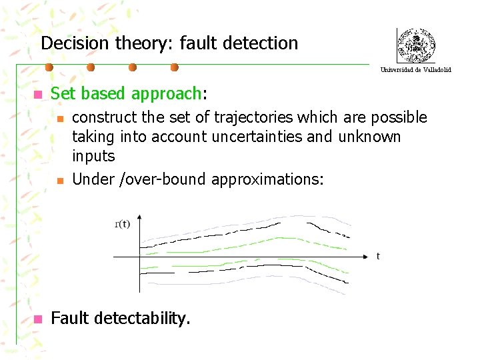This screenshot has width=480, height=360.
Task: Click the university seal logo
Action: click(416, 46)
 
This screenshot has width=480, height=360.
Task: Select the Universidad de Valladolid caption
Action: click(416, 69)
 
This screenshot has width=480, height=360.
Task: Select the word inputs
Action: click(93, 157)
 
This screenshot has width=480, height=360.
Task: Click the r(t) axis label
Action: click(123, 224)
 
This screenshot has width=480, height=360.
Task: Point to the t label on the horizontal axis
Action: click(378, 256)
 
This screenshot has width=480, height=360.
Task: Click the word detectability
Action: click(143, 319)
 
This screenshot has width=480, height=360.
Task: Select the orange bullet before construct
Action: click(59, 119)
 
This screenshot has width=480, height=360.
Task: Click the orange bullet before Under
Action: click(59, 179)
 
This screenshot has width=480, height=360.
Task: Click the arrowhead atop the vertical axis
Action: click(139, 217)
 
